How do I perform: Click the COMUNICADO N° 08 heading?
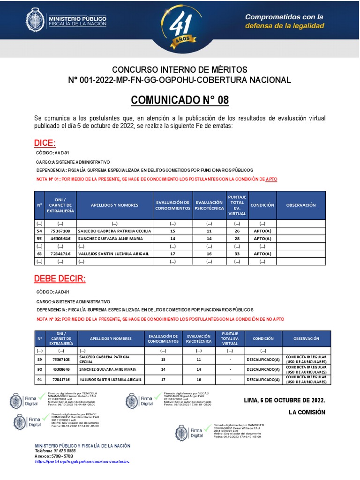(x=180, y=100)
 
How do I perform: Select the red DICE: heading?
(x=45, y=143)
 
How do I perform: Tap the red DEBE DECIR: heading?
(x=60, y=279)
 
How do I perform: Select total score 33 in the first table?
(x=237, y=254)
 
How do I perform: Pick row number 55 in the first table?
(x=39, y=239)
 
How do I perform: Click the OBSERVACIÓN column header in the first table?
(x=300, y=205)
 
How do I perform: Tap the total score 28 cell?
(x=237, y=239)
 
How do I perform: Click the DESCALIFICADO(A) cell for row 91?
(x=262, y=379)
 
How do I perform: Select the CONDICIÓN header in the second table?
(x=262, y=338)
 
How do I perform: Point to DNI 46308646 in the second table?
(x=61, y=369)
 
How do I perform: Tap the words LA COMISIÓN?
(x=307, y=412)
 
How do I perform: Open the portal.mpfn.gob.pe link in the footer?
(x=82, y=461)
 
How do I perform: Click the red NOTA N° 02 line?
(x=160, y=319)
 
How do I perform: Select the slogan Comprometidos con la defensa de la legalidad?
(x=285, y=21)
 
